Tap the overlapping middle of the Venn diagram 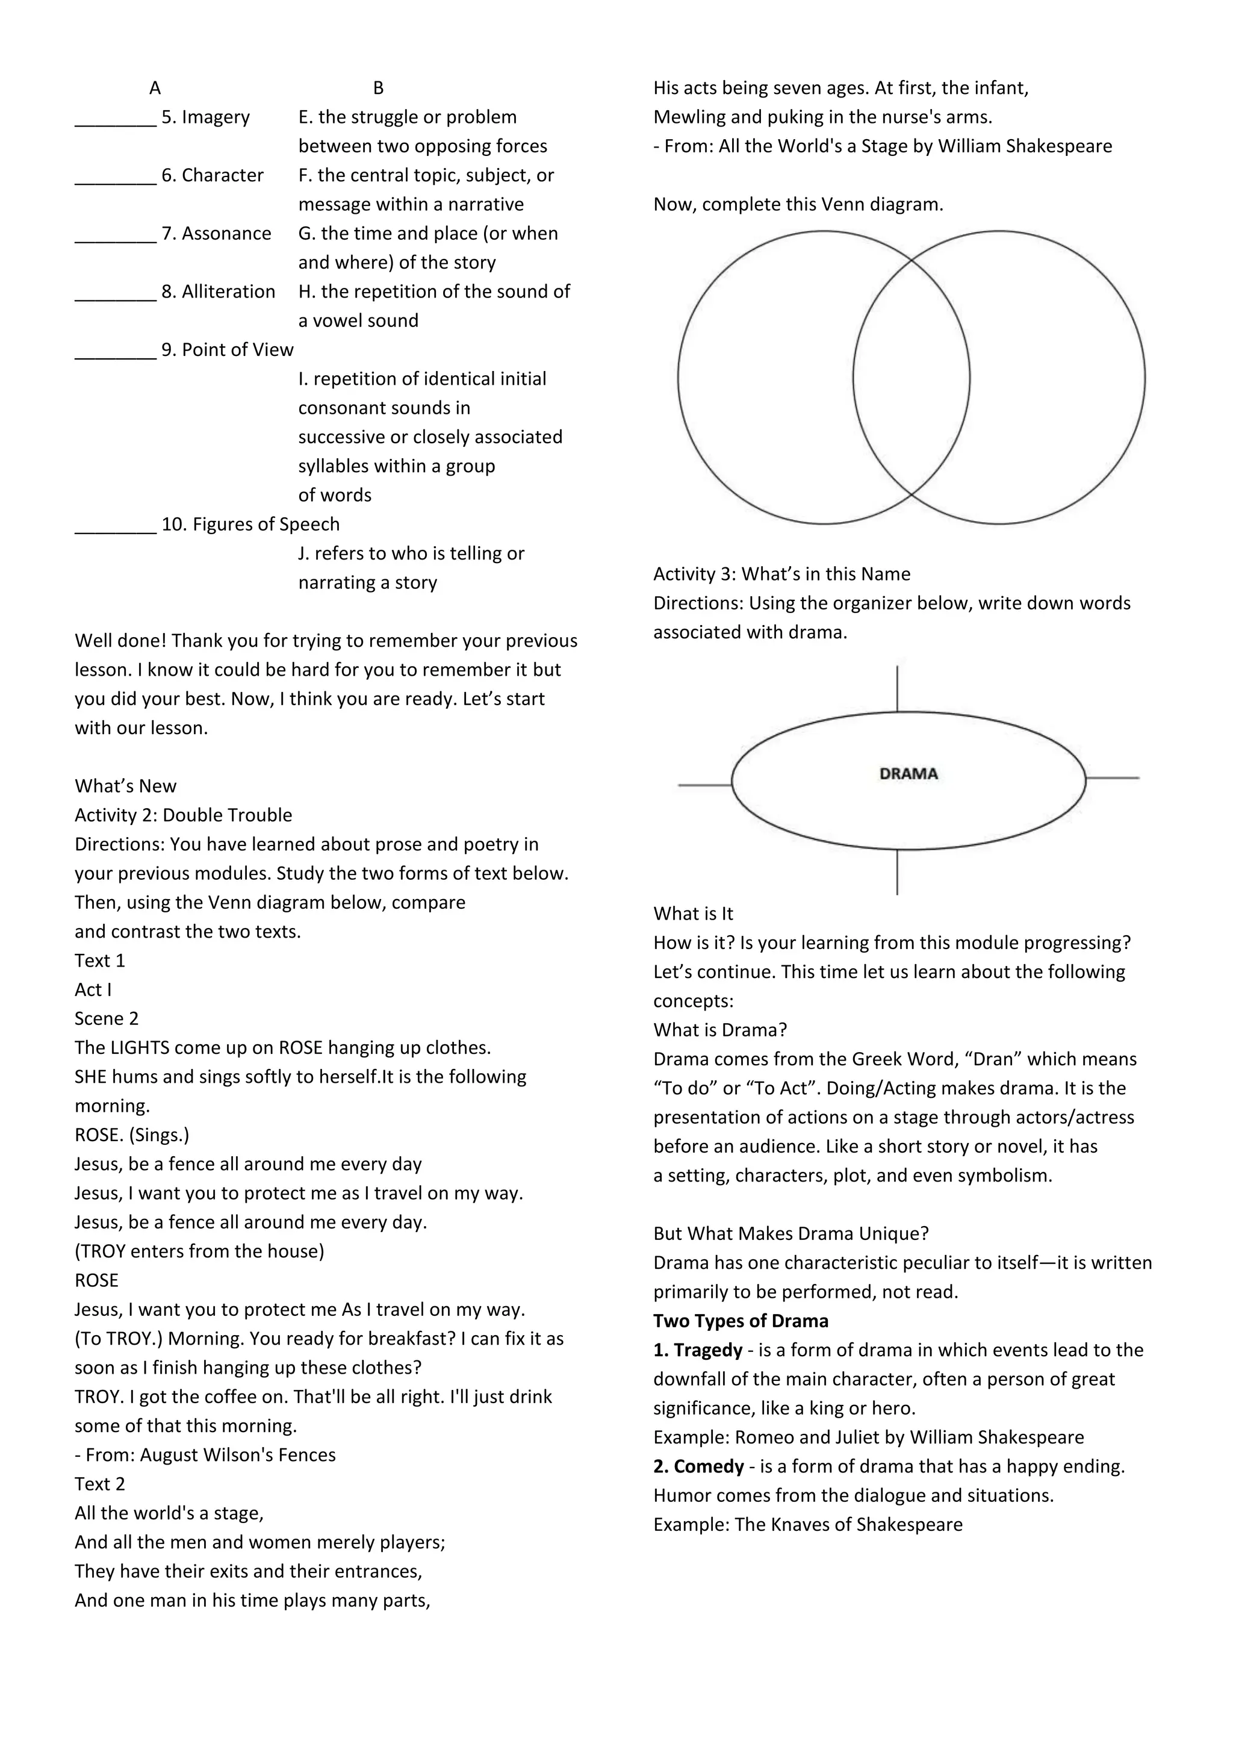click(x=911, y=378)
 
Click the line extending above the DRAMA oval click(x=898, y=688)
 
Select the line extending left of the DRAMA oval click(x=704, y=785)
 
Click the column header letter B click(x=378, y=88)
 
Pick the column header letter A click(x=155, y=88)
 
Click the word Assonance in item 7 click(x=226, y=233)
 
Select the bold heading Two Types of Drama click(x=741, y=1320)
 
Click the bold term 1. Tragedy click(x=698, y=1350)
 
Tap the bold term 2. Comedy click(x=698, y=1466)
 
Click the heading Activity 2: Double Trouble click(x=183, y=815)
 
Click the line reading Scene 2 click(x=107, y=1018)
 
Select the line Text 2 click(x=99, y=1483)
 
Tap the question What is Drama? click(x=720, y=1030)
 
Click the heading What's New click(x=125, y=785)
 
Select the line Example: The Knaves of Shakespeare click(x=807, y=1524)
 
